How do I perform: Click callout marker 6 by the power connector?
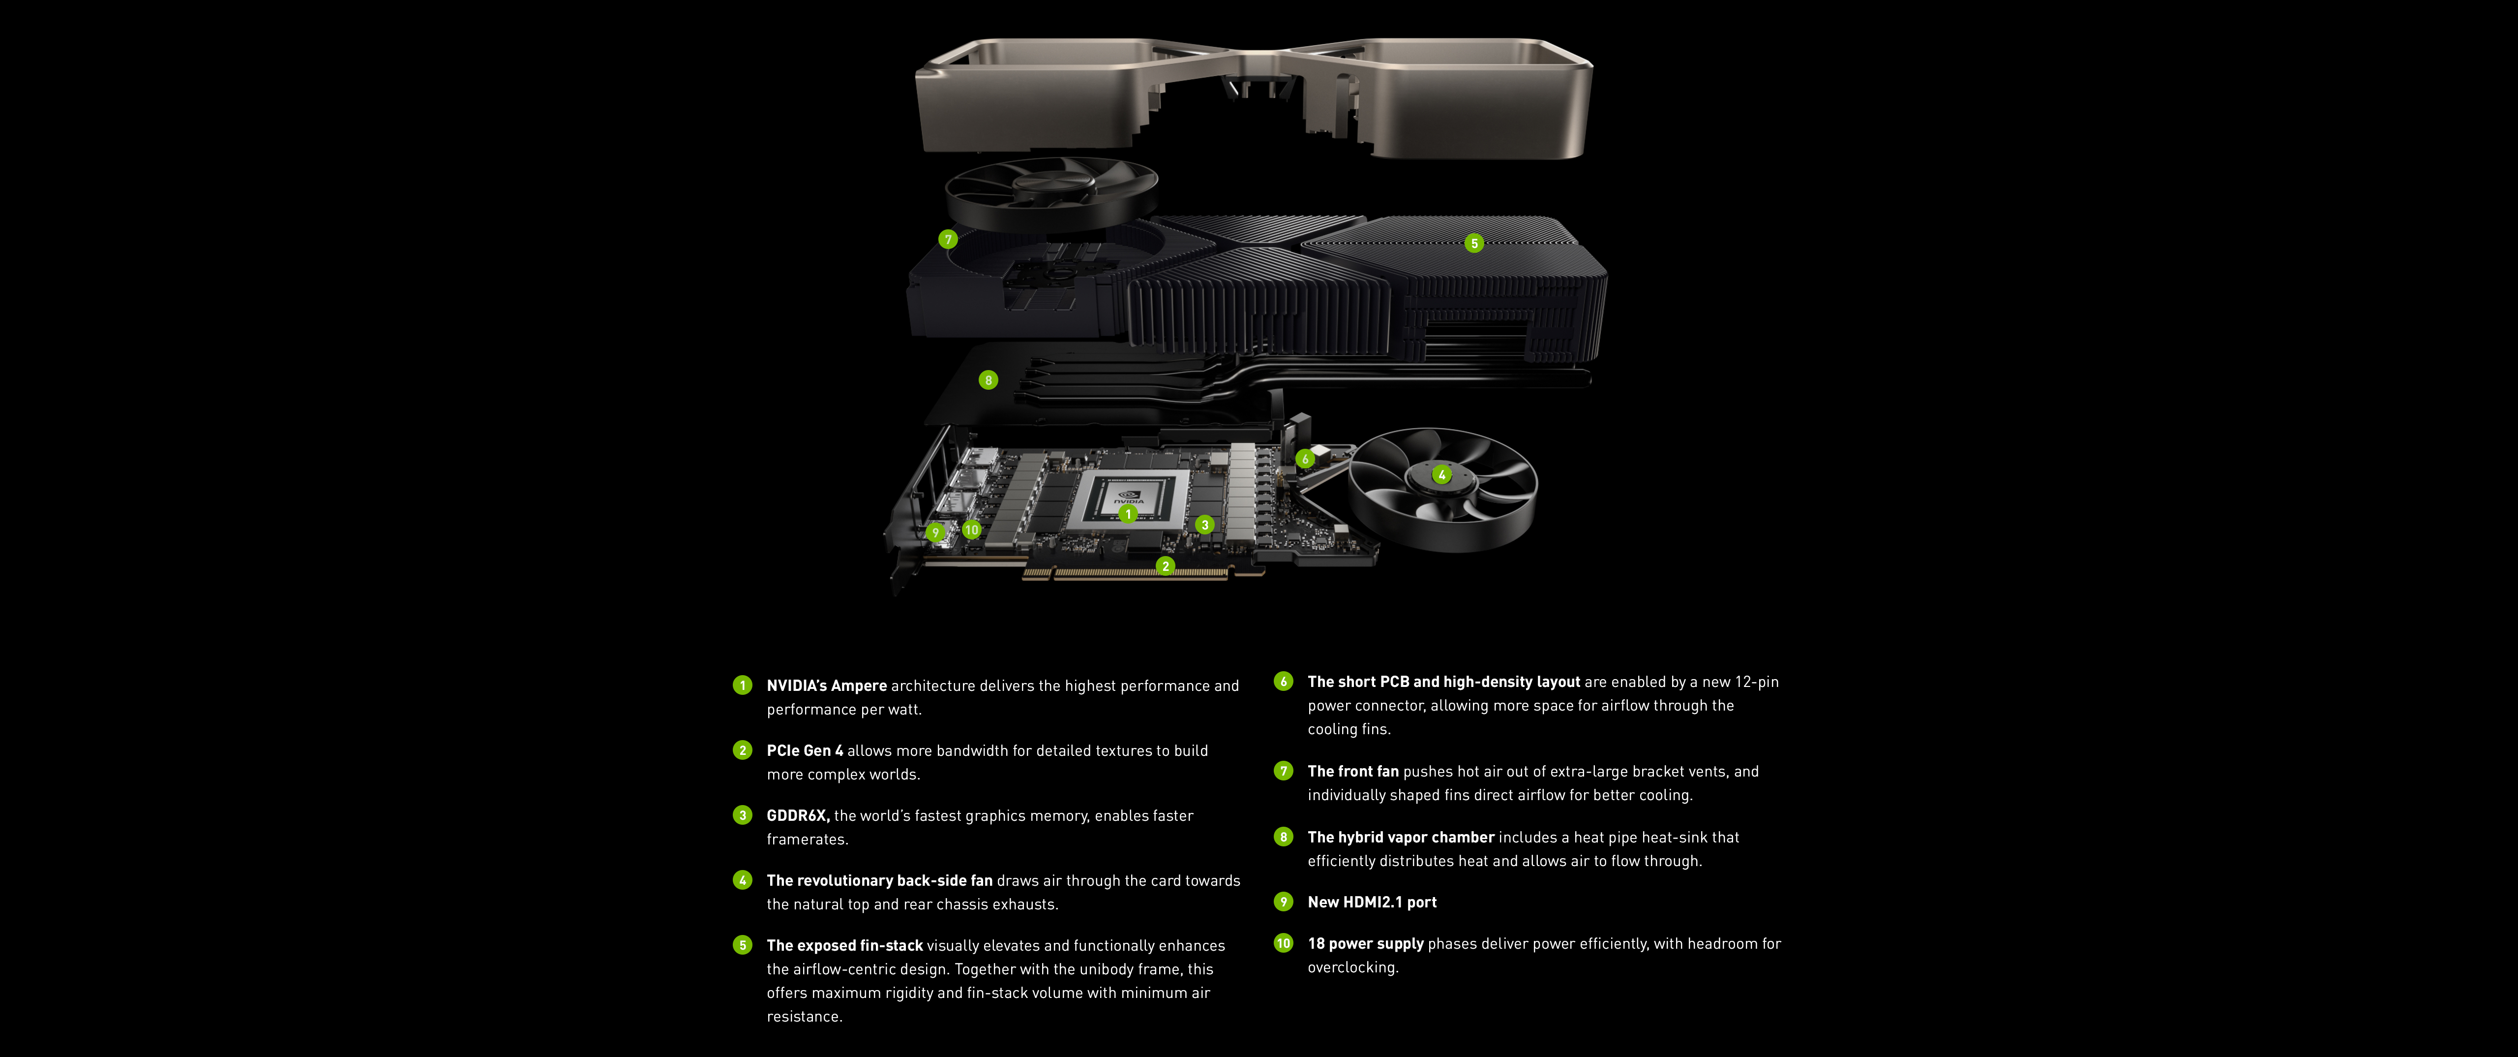pos(1305,459)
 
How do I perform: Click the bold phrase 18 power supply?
pos(1366,944)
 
